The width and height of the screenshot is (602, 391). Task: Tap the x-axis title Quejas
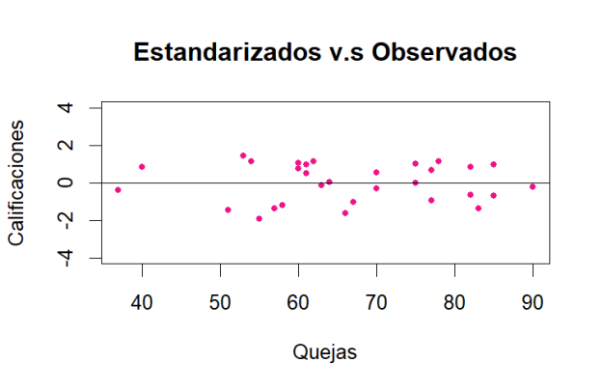click(x=324, y=352)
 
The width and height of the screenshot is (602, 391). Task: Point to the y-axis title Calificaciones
click(x=17, y=182)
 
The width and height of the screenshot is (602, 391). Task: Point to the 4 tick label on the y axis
click(x=68, y=107)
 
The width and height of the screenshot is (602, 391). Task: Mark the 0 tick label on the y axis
click(x=68, y=182)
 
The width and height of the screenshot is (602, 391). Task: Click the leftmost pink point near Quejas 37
click(x=118, y=189)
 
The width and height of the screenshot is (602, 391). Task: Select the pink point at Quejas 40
click(x=142, y=166)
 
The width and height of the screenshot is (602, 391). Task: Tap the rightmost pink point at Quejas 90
click(x=533, y=186)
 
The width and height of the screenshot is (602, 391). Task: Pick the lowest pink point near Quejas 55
click(x=259, y=218)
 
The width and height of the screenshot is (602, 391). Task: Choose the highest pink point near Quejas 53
click(x=243, y=155)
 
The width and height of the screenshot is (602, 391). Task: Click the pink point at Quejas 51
click(x=228, y=209)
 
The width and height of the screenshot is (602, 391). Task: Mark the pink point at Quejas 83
click(x=478, y=208)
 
